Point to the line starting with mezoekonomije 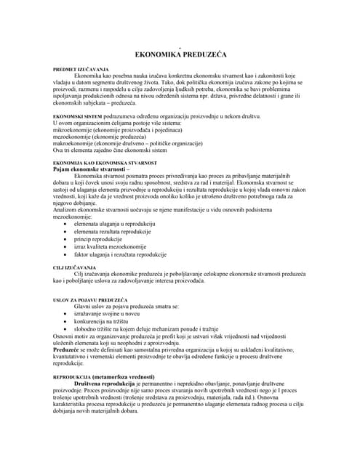(x=105, y=137)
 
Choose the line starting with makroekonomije (x=123, y=144)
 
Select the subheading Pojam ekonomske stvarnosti (x=89, y=169)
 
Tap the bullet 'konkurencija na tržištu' (x=105, y=320)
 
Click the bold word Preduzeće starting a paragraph (x=68, y=349)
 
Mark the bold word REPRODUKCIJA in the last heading (x=71, y=378)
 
